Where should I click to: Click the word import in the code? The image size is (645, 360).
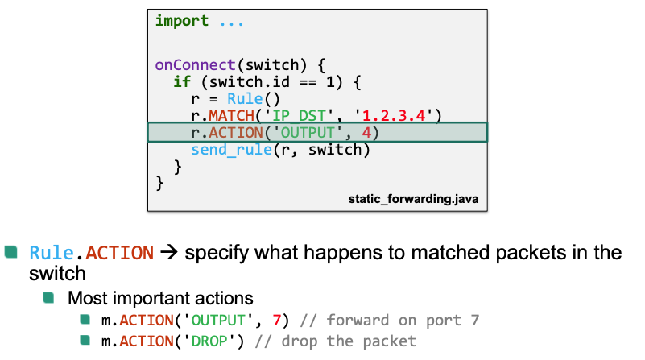(x=182, y=21)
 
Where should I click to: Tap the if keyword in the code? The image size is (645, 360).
(x=182, y=82)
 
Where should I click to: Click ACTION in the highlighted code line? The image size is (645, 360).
(x=234, y=133)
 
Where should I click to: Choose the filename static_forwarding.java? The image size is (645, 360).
(x=414, y=197)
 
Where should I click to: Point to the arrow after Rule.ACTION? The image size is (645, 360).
(x=168, y=253)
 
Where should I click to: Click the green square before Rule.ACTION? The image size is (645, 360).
(x=10, y=251)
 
